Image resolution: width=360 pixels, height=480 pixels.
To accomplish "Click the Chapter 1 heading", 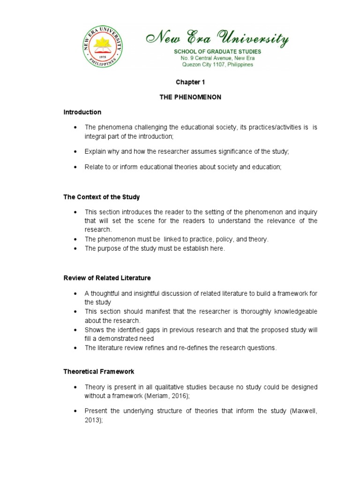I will (x=190, y=82).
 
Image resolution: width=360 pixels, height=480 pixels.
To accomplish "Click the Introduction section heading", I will (x=82, y=112).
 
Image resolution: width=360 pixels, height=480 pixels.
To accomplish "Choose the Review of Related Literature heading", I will (x=107, y=278).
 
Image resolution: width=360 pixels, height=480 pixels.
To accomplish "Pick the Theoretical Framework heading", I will (x=98, y=371).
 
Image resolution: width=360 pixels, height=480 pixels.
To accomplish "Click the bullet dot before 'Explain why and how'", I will (x=75, y=152).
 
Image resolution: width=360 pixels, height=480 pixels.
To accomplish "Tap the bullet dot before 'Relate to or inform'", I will (x=75, y=167).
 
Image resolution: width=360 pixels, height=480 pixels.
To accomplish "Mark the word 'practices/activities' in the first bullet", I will (x=265, y=127).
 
